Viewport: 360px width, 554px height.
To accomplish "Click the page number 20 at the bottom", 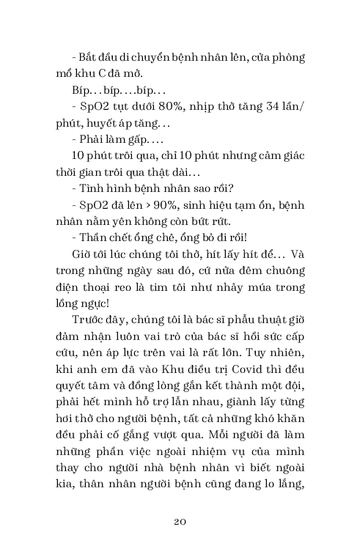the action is point(180,521).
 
